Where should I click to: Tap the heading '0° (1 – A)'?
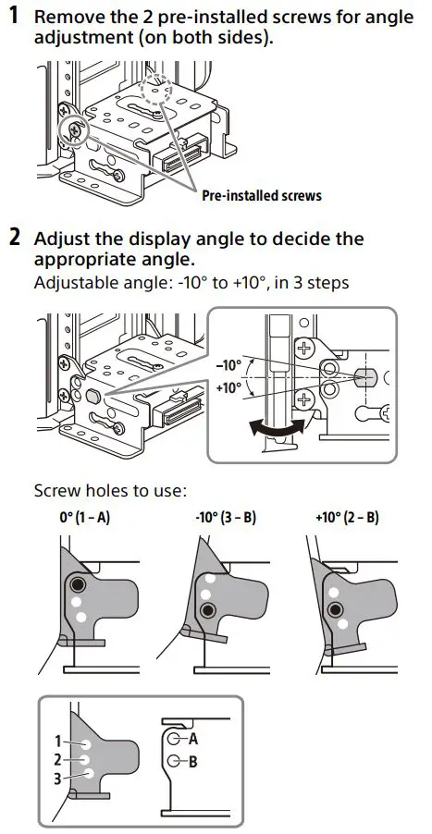click(85, 518)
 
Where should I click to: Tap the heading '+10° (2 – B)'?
click(347, 518)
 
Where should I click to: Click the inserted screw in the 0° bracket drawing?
click(78, 585)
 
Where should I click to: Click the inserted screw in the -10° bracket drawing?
click(207, 610)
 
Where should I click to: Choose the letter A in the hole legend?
click(193, 739)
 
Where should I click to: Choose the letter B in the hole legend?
click(193, 762)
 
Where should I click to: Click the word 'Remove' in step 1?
click(67, 18)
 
